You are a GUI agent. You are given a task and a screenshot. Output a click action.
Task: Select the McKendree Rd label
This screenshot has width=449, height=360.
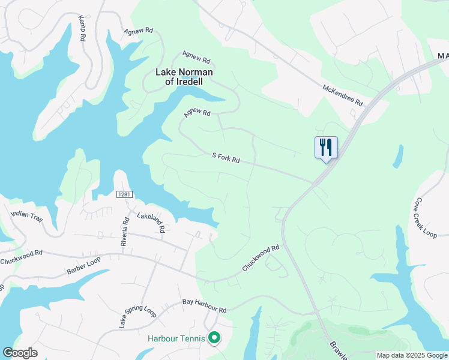343,95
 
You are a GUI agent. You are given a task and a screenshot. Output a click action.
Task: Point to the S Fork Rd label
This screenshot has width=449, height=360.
226,157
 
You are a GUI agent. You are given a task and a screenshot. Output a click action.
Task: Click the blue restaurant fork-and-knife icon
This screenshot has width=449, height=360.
326,146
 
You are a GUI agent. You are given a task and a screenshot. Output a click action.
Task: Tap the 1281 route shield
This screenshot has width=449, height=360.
124,194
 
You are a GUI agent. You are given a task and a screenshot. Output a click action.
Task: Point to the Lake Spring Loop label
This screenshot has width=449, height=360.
137,317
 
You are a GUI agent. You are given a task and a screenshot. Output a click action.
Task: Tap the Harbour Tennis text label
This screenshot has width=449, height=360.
176,338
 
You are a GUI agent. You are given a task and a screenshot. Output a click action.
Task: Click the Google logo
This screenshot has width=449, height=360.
20,353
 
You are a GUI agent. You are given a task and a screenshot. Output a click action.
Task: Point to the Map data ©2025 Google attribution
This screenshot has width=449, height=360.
412,355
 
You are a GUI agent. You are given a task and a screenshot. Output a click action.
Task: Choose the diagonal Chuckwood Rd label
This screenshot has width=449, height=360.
261,257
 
